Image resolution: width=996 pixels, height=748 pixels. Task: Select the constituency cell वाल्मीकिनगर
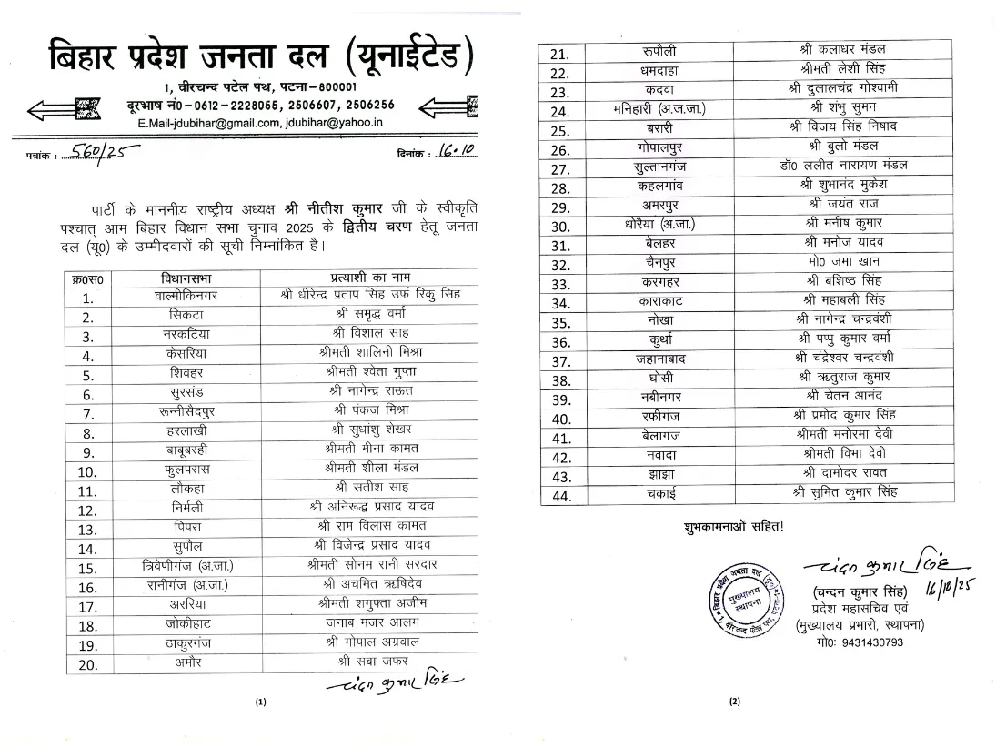tap(194, 296)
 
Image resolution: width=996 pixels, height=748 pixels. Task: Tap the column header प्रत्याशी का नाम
tap(371, 278)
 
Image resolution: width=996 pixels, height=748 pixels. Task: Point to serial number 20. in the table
tap(88, 663)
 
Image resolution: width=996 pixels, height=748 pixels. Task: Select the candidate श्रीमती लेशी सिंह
tap(837, 69)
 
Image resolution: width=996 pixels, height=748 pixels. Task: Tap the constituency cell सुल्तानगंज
tap(670, 167)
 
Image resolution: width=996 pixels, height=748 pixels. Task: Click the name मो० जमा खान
tap(837, 265)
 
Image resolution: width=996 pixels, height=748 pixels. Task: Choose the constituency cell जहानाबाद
tap(670, 359)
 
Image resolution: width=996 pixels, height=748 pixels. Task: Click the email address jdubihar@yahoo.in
tap(345, 122)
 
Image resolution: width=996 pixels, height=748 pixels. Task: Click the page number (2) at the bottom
tap(736, 702)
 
